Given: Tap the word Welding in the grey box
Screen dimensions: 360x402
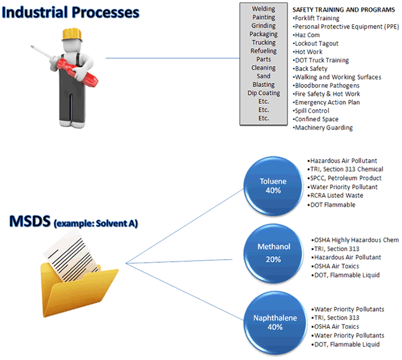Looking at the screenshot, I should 264,9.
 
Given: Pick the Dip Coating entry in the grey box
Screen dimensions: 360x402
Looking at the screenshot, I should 264,93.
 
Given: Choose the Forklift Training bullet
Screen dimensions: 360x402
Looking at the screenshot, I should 317,19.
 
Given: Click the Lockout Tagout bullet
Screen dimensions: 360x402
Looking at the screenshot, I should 317,44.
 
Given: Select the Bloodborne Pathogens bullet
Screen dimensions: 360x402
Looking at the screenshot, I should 327,85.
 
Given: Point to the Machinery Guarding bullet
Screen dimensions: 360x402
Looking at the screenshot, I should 324,128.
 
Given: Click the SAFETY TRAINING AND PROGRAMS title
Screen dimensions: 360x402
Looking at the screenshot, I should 344,10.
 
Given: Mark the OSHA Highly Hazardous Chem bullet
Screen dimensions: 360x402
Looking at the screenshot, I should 355,240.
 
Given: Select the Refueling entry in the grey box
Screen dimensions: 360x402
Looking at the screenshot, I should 264,51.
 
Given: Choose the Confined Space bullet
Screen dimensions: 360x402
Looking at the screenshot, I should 317,119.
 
